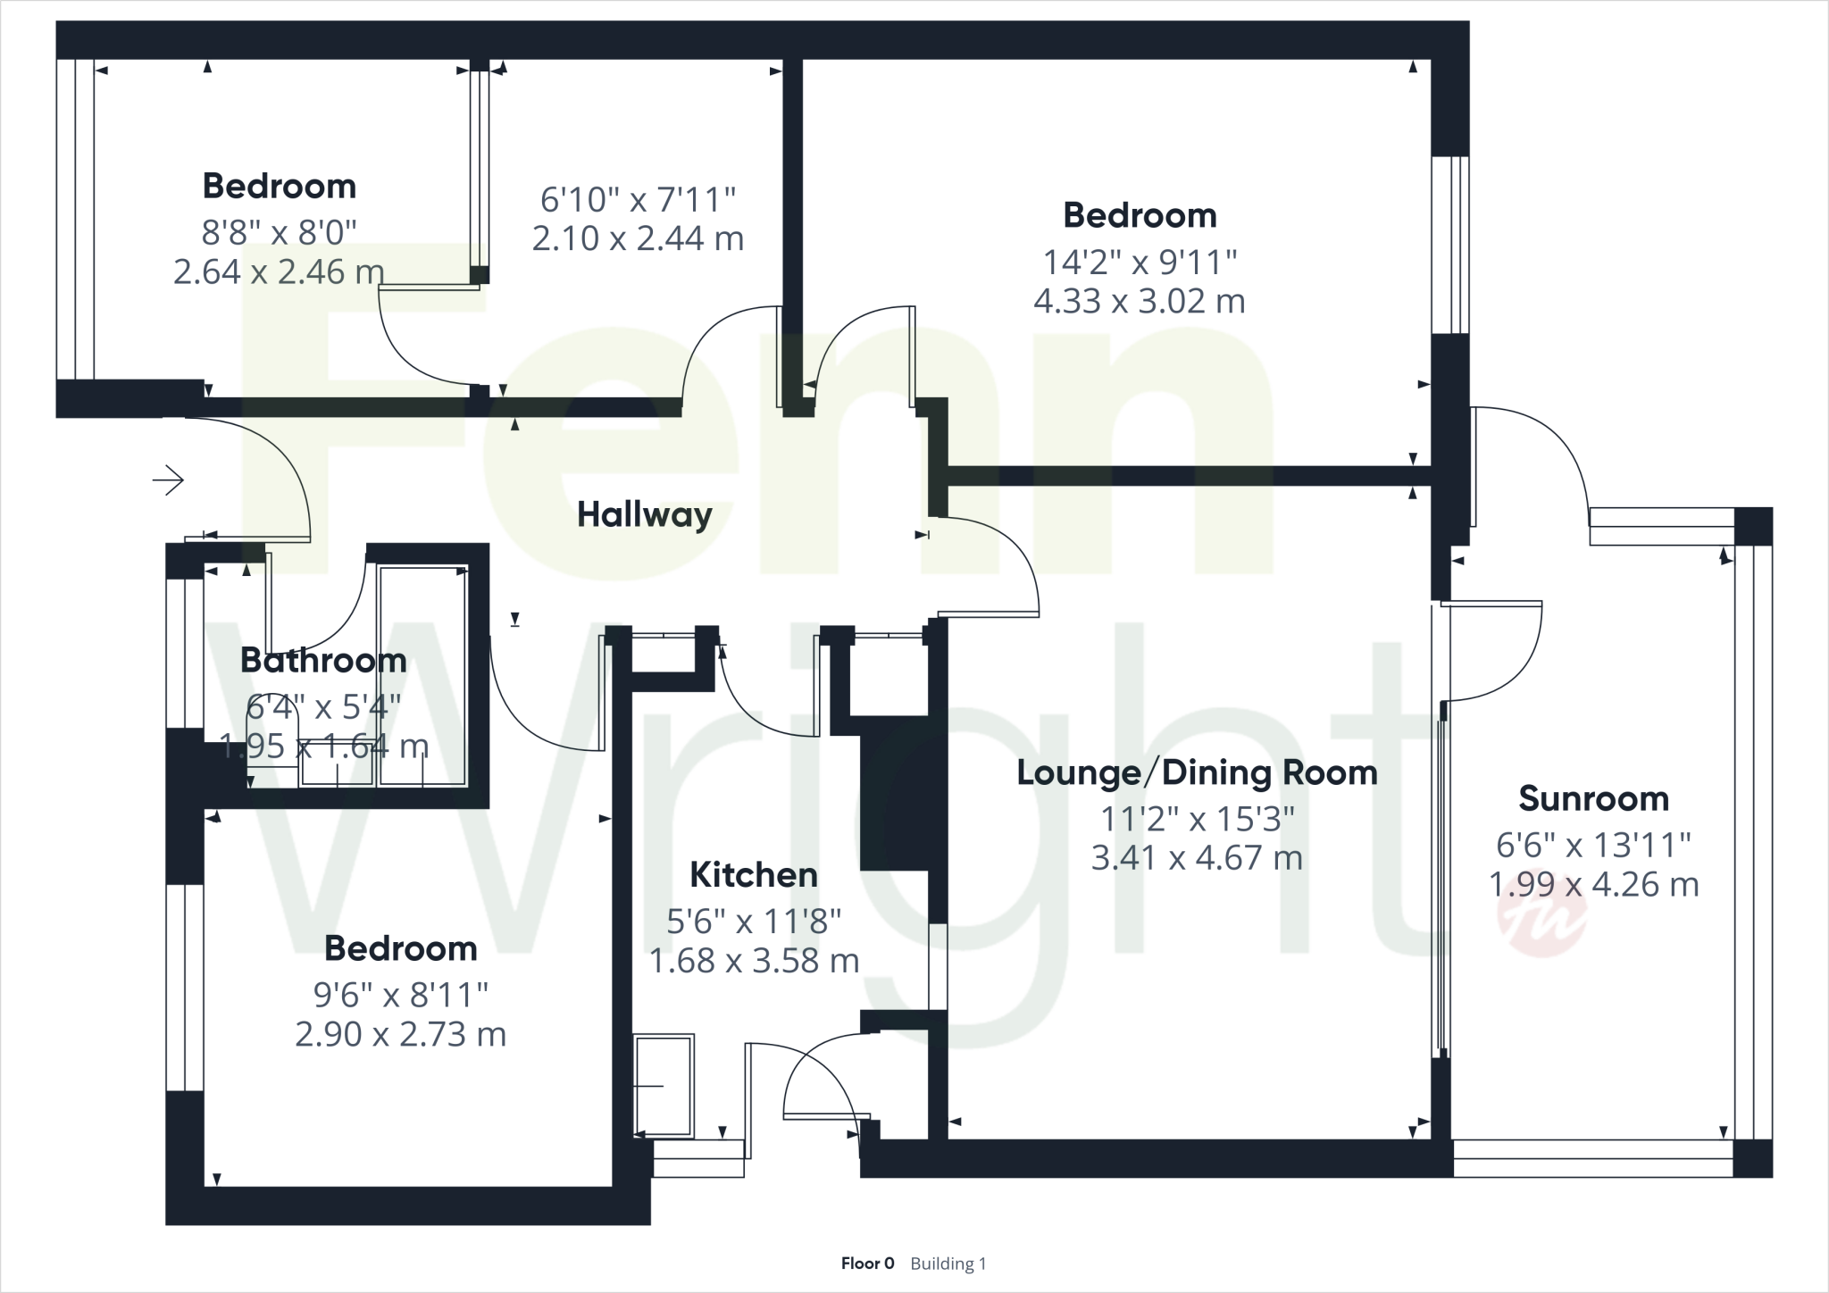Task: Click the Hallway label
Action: pyautogui.click(x=644, y=515)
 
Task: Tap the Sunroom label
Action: pyautogui.click(x=1593, y=798)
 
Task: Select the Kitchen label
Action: pyautogui.click(x=754, y=875)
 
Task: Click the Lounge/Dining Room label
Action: pyautogui.click(x=1197, y=772)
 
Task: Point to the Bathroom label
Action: pyautogui.click(x=323, y=661)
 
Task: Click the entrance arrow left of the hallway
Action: pyautogui.click(x=168, y=481)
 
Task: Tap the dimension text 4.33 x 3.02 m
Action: pyautogui.click(x=1139, y=301)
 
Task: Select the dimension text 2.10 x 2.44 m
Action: pyautogui.click(x=638, y=238)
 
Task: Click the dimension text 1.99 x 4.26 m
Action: pyautogui.click(x=1593, y=884)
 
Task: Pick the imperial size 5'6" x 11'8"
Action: pyautogui.click(x=754, y=921)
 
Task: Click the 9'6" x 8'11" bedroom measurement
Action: pyautogui.click(x=400, y=993)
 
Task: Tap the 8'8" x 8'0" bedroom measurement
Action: pyautogui.click(x=279, y=232)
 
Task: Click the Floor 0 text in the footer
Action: pyautogui.click(x=867, y=1264)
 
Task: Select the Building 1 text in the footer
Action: pyautogui.click(x=948, y=1264)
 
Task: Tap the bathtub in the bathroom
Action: pyautogui.click(x=422, y=675)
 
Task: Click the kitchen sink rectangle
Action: pyautogui.click(x=664, y=1086)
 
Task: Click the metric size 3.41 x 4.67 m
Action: pyautogui.click(x=1197, y=858)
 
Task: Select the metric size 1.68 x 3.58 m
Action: pyautogui.click(x=754, y=961)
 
